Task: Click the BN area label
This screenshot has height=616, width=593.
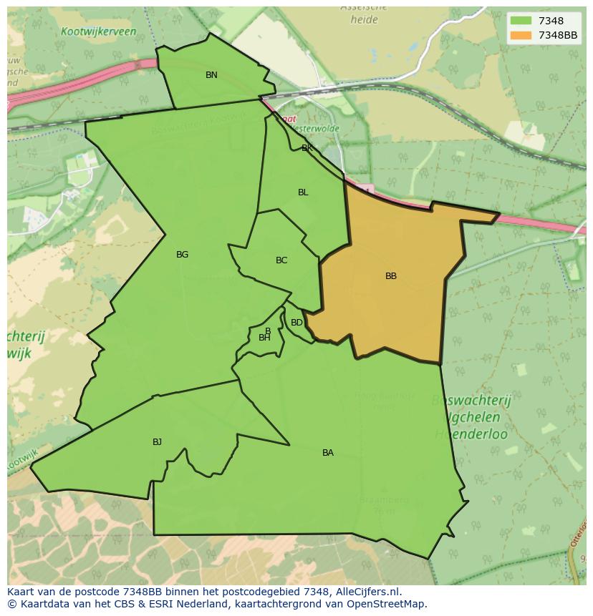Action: pos(211,75)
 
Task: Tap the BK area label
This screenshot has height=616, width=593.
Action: pos(307,148)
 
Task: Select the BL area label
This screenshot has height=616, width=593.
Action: pos(303,192)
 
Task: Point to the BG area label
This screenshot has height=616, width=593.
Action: pos(182,255)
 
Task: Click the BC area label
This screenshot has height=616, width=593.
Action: pos(281,260)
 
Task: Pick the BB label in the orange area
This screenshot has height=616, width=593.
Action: pos(391,276)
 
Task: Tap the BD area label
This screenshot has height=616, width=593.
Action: pos(296,323)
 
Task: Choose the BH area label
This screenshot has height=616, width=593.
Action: pos(264,338)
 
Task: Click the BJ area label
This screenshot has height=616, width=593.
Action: pos(157,442)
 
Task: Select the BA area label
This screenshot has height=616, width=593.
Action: pos(328,453)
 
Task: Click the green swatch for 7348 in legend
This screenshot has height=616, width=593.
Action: pos(521,21)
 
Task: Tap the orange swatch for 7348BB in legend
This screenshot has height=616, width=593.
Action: pos(521,35)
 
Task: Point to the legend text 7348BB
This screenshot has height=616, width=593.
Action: pos(558,35)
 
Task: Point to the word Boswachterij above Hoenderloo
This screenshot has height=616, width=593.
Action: pos(471,401)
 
